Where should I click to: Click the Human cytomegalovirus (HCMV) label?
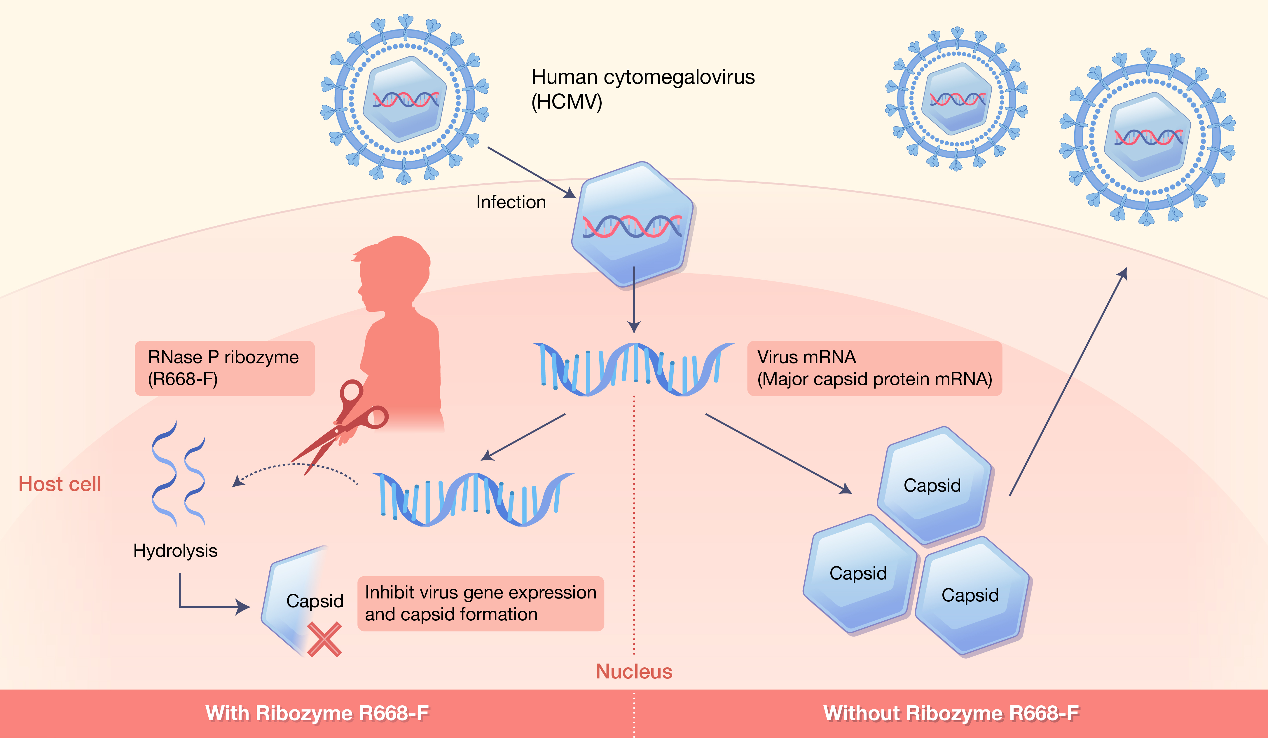642,89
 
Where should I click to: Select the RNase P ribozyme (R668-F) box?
224,368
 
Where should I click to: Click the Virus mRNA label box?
874,368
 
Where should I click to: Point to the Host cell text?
60,484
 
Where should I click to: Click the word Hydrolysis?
175,551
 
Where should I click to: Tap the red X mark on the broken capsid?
324,639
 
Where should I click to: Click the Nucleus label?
634,671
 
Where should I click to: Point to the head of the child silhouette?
395,272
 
